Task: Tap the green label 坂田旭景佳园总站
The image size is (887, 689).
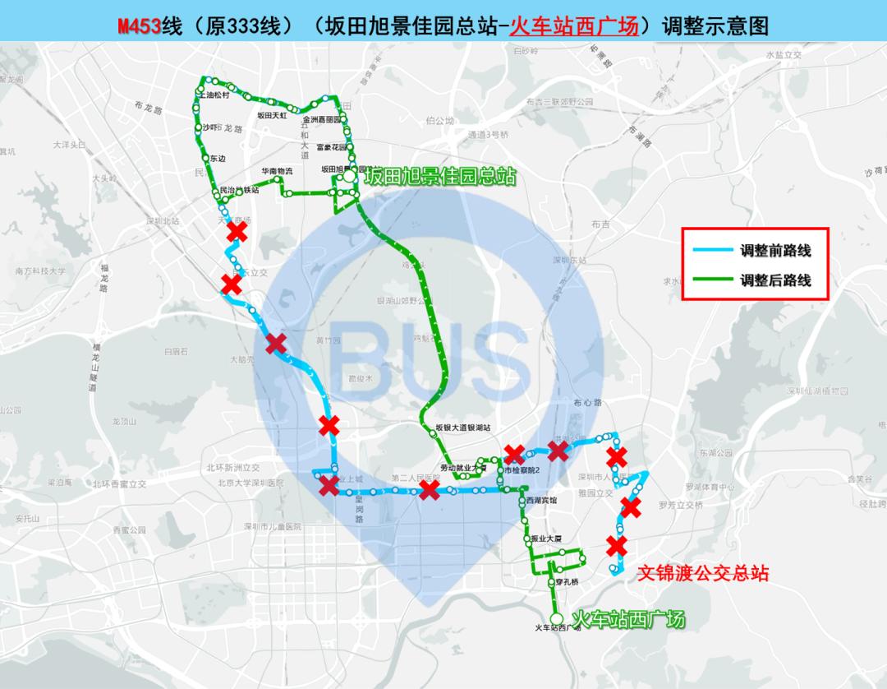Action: coord(440,175)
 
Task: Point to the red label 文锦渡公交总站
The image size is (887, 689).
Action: coord(704,573)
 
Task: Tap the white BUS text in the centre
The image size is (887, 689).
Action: coord(433,357)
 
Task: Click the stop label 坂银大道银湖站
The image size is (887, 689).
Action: coord(463,428)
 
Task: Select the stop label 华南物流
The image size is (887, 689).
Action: coord(277,171)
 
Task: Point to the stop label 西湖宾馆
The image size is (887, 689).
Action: coord(542,500)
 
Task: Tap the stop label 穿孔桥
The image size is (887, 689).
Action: coord(567,582)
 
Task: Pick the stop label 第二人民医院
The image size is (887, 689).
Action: coord(416,478)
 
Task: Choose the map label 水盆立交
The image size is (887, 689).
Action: coord(783,54)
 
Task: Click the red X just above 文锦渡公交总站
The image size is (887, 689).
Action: coord(616,545)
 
